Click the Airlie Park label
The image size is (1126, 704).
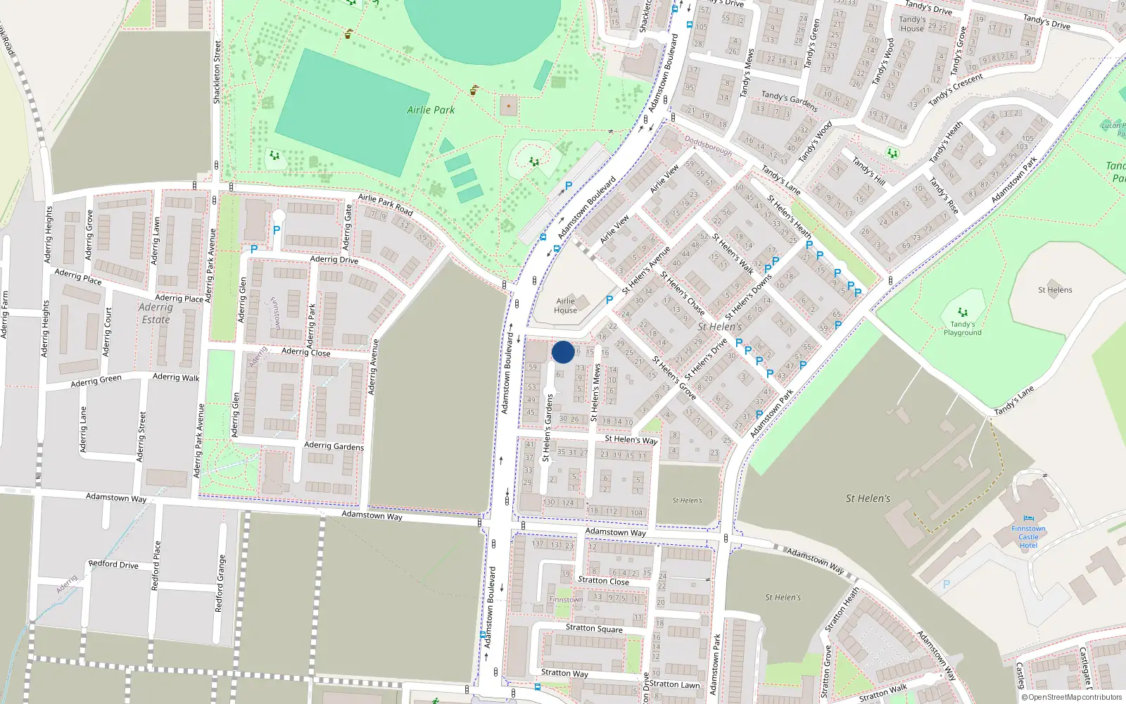point(431,110)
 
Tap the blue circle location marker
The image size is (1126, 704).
point(563,352)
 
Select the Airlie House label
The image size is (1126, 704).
point(565,306)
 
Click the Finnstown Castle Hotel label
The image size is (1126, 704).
point(1028,536)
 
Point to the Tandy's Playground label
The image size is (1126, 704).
point(962,328)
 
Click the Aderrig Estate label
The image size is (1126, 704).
point(156,313)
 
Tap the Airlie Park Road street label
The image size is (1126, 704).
point(386,203)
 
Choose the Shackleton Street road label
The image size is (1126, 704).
point(217,73)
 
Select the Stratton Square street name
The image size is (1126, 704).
point(594,628)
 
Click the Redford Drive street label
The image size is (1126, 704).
point(113,565)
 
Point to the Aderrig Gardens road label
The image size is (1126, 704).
point(334,446)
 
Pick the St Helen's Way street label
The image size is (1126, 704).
point(631,439)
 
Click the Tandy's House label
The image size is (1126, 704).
point(912,24)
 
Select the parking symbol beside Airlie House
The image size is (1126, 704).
point(609,300)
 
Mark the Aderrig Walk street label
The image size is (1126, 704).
point(176,377)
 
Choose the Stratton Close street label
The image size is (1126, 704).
point(603,581)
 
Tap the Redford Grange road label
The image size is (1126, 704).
point(220,583)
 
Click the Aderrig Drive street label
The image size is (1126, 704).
point(334,260)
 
